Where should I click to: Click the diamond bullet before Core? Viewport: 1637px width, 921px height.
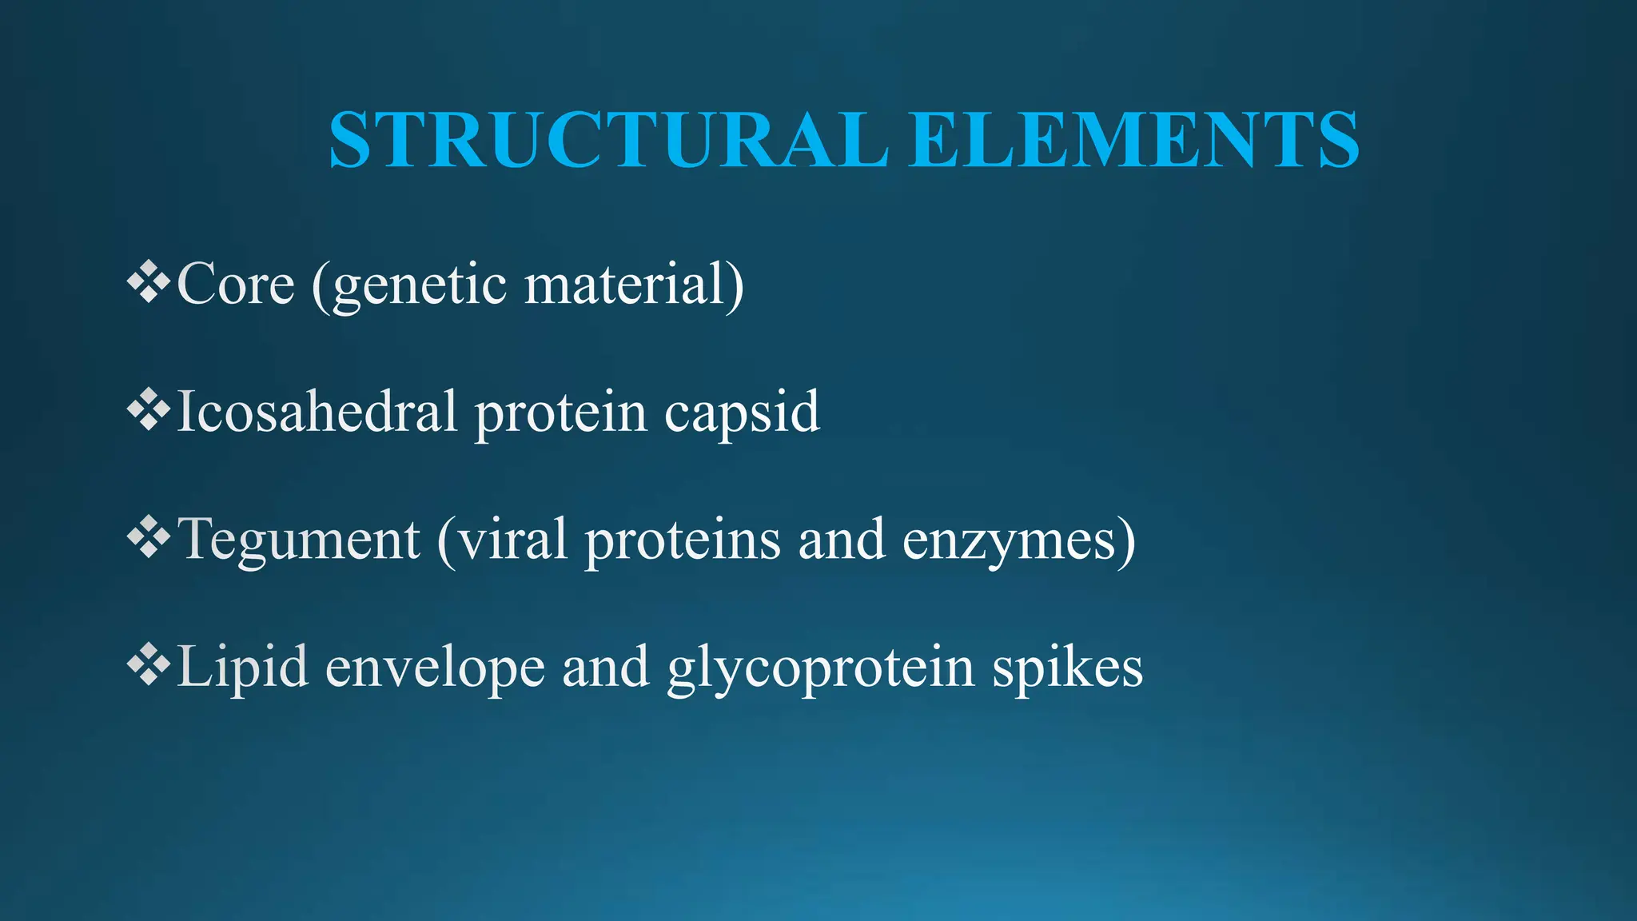pyautogui.click(x=149, y=284)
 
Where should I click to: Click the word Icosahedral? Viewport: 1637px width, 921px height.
pyautogui.click(x=317, y=412)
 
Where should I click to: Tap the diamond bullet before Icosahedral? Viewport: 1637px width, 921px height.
pyautogui.click(x=149, y=412)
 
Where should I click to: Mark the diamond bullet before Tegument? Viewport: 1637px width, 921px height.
pyautogui.click(x=149, y=540)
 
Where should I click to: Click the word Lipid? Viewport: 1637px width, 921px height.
pyautogui.click(x=242, y=668)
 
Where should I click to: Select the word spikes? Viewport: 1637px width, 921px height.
pyautogui.click(x=1067, y=668)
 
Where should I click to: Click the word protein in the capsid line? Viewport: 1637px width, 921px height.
pyautogui.click(x=560, y=413)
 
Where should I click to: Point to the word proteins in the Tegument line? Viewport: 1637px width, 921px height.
pyautogui.click(x=683, y=540)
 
